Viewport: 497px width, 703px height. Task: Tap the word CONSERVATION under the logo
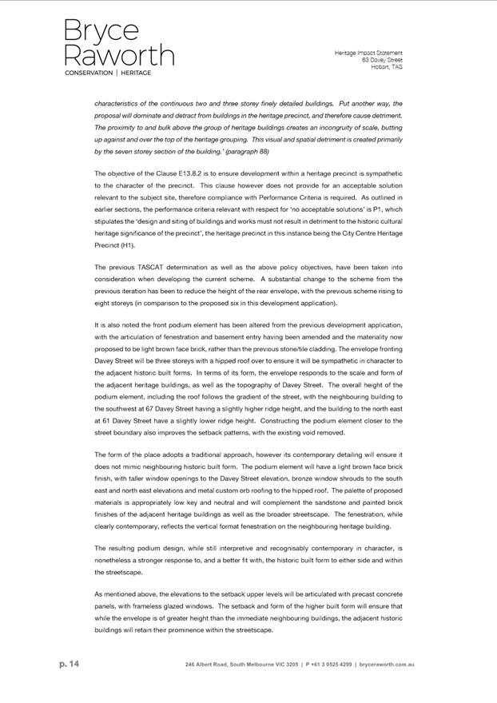[x=89, y=73]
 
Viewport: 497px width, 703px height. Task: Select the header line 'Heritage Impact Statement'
[x=368, y=53]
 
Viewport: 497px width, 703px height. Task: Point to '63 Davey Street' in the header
[x=381, y=60]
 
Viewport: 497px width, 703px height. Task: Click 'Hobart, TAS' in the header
[x=386, y=67]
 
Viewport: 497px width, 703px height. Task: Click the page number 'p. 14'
[x=70, y=664]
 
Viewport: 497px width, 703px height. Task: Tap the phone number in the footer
[x=328, y=665]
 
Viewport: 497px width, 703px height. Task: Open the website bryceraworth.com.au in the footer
[x=387, y=665]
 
